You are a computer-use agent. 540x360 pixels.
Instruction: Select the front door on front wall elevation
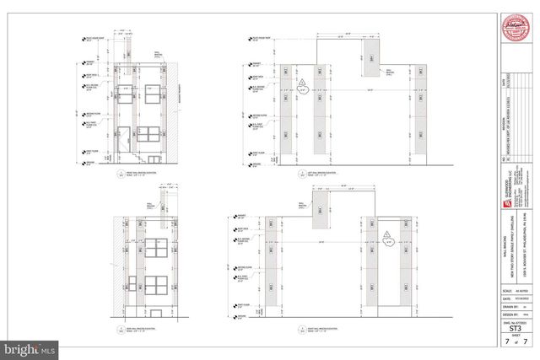(x=123, y=140)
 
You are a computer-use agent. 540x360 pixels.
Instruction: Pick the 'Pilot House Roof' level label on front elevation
(x=91, y=38)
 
